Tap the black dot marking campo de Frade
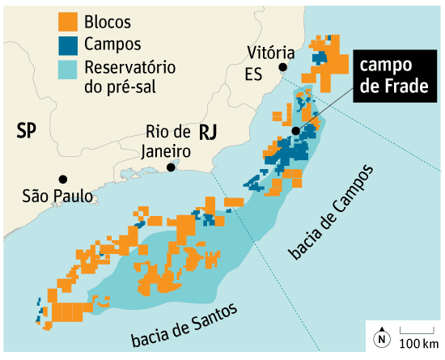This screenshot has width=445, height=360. point(297,131)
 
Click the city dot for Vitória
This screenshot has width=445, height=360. point(282,67)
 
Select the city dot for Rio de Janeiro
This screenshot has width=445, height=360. point(171,167)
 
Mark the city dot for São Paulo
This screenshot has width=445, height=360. point(62,179)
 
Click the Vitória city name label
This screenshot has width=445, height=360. point(267,53)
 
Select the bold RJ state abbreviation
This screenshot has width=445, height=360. point(209,132)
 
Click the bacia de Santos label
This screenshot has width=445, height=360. point(184,324)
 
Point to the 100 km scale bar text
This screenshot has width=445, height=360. point(418,343)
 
